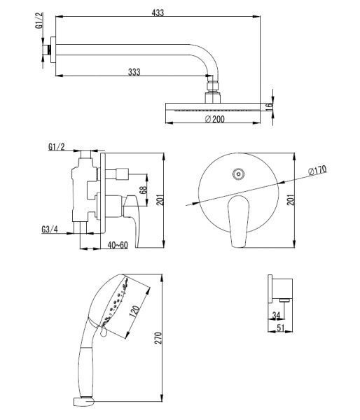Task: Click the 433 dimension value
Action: coord(158,13)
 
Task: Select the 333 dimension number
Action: coord(134,72)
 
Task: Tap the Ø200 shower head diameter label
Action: coord(215,119)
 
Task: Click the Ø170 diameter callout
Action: coord(317,170)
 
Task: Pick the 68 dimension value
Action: coord(144,190)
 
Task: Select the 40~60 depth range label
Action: coord(118,245)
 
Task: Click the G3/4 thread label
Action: coord(50,230)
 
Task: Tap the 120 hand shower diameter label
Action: coord(134,310)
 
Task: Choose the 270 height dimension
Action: coord(158,338)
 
